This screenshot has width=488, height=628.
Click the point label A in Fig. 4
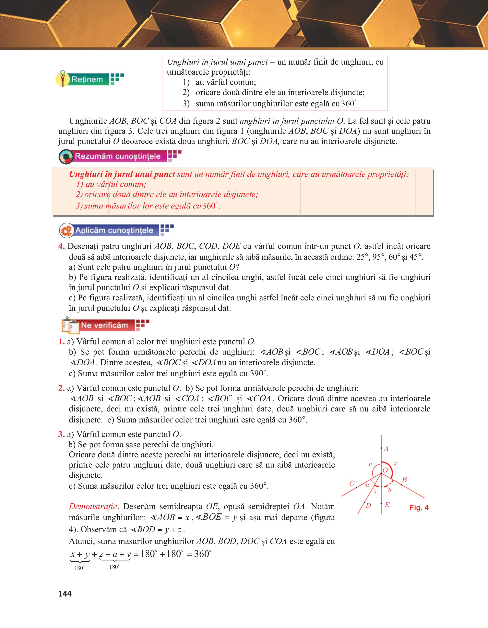click(x=386, y=449)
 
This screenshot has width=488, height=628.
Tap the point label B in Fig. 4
click(x=404, y=479)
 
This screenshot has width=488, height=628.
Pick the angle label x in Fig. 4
click(x=396, y=464)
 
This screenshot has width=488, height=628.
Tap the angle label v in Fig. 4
click(x=370, y=464)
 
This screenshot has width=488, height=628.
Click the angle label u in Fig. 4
click(x=367, y=485)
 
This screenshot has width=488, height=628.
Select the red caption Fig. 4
click(x=419, y=508)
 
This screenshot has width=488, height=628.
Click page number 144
click(x=65, y=594)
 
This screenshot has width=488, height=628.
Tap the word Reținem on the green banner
click(x=87, y=79)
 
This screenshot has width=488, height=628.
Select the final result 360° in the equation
click(x=202, y=554)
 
